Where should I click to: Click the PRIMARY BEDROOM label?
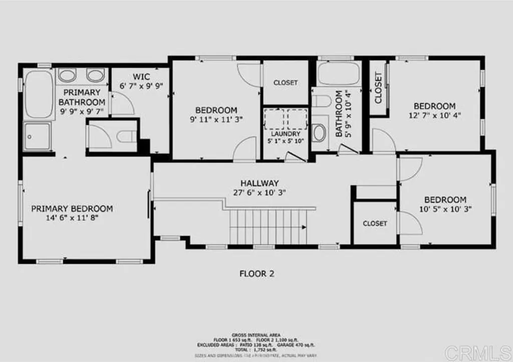(72, 209)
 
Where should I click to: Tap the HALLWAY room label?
(259, 183)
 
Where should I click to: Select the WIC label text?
(142, 77)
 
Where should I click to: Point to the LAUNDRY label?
(286, 134)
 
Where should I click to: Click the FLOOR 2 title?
(256, 274)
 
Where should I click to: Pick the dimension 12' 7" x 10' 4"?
(434, 115)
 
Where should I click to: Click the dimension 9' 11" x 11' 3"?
(216, 119)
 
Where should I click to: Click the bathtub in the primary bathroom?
(39, 94)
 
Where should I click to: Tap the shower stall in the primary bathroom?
(38, 136)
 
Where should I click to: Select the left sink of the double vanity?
(67, 76)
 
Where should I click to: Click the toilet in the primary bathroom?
(128, 136)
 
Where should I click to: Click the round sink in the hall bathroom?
(319, 133)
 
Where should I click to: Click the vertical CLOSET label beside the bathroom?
(378, 88)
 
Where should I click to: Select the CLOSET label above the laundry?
(286, 83)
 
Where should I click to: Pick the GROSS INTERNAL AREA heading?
(256, 334)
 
